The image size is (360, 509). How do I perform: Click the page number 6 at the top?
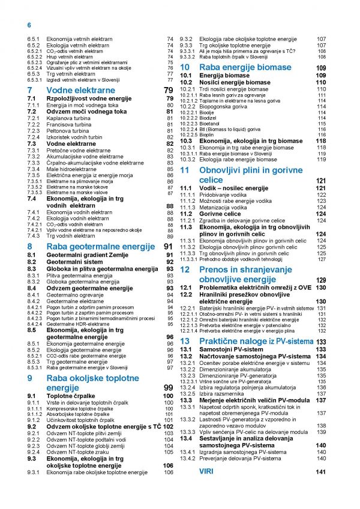tap(28, 25)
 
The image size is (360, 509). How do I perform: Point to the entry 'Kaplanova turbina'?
tap(70, 118)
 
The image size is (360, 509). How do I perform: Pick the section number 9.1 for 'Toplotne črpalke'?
tap(33, 396)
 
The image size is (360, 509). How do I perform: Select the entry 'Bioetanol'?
tap(214, 123)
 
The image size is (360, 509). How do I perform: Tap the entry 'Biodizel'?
tap(214, 118)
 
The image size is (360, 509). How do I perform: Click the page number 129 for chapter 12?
tap(321, 280)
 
